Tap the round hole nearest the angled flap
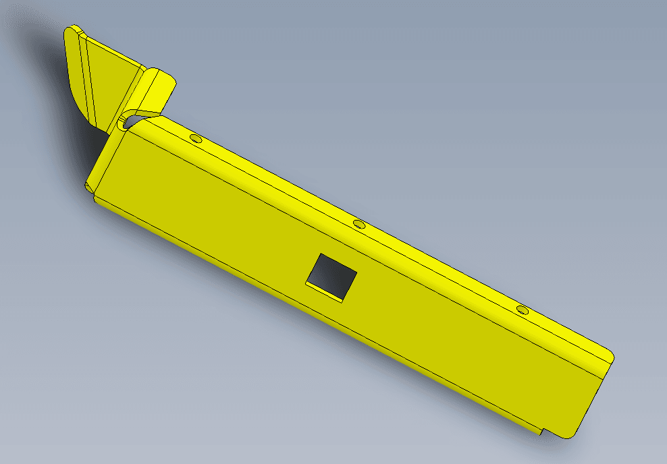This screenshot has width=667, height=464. click(x=196, y=139)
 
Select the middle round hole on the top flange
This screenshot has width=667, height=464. click(x=359, y=223)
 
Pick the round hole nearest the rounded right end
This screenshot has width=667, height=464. click(x=522, y=310)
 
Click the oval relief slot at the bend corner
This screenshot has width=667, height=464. click(x=126, y=121)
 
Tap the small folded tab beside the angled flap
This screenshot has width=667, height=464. click(x=153, y=92)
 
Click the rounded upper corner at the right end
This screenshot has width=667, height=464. click(x=608, y=355)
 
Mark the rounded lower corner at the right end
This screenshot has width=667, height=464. click(x=570, y=432)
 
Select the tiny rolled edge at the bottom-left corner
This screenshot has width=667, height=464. click(x=90, y=187)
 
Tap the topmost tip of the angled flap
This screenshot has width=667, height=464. click(x=73, y=28)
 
